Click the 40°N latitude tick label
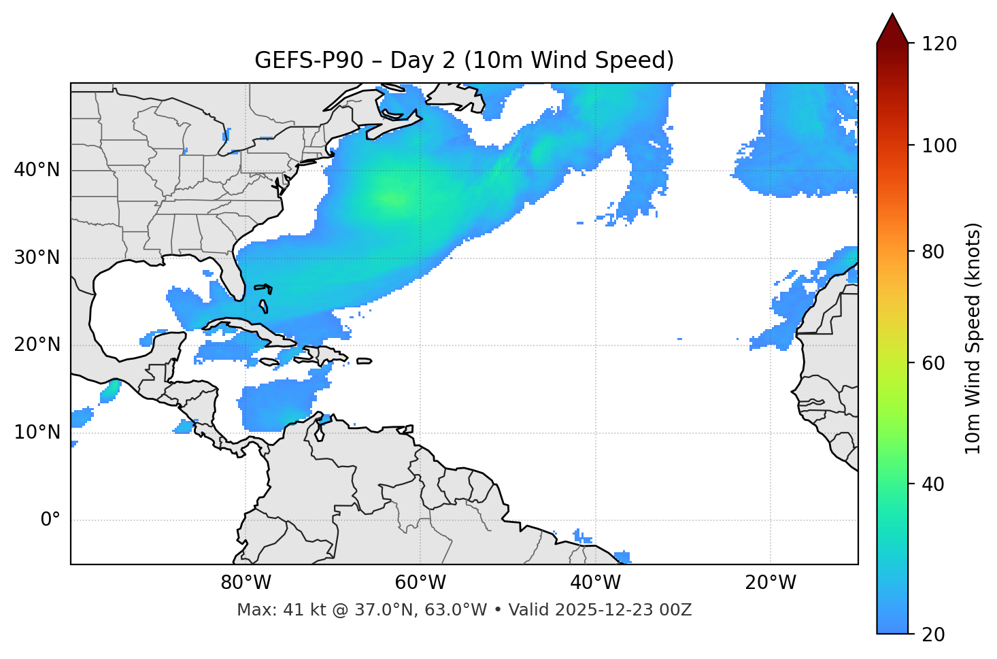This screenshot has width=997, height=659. coord(37,170)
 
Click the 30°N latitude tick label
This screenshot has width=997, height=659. coord(37,258)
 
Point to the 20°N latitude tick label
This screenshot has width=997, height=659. coord(37,345)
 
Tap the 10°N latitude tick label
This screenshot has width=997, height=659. coord(37,433)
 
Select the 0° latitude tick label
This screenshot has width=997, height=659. coord(50,520)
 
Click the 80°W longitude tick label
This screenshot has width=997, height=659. coord(246,583)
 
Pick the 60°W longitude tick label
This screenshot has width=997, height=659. coord(420,583)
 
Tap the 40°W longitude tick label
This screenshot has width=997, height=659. coord(595,583)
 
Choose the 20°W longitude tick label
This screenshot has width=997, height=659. coord(770,583)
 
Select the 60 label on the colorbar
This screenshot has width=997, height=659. coord(932,363)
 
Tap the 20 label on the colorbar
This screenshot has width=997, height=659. coord(932,635)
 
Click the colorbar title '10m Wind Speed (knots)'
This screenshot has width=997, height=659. coord(973,338)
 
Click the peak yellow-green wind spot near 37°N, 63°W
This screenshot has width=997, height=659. coord(394,199)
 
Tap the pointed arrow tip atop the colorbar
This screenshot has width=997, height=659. coord(892,16)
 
